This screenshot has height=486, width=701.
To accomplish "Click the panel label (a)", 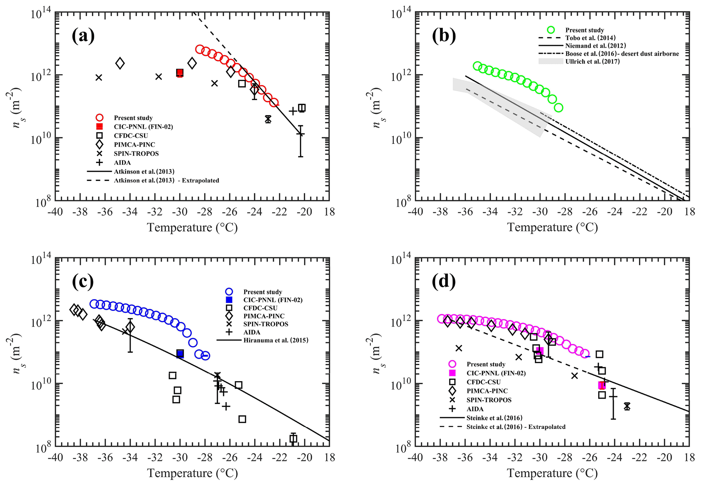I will point(83,36).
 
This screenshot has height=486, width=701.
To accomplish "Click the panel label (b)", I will point(444,36).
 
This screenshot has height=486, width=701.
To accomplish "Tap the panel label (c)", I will point(83,281).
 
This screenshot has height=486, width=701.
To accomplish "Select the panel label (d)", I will point(444,281).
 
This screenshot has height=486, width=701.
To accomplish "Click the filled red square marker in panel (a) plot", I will point(180,73).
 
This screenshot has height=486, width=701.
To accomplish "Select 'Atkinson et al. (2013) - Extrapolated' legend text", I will point(166,181).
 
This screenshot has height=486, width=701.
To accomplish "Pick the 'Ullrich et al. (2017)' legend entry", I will point(592,61).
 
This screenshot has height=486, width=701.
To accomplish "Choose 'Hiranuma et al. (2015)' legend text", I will point(276,340).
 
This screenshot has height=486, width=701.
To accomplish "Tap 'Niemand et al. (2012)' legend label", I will point(596,46).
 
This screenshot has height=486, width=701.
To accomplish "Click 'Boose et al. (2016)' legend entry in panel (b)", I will point(622,54).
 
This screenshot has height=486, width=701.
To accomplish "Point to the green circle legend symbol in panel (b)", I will point(551,30).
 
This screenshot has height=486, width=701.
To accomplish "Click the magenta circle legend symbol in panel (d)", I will point(452,364).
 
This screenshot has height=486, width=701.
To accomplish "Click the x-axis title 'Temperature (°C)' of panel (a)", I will point(192,227).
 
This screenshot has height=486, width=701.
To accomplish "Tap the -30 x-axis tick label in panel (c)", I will point(180,457).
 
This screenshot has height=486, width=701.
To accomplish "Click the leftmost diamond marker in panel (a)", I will point(120,63).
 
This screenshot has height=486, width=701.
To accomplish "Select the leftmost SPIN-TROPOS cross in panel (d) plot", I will point(459,348).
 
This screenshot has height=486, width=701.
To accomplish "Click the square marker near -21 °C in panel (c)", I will point(293,438).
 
